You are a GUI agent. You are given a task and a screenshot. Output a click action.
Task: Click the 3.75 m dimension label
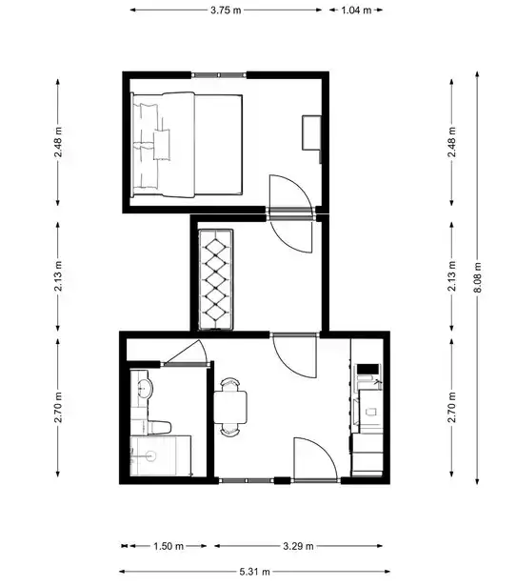[x=226, y=10]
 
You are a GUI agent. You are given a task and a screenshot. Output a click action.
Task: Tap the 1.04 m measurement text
[x=356, y=10]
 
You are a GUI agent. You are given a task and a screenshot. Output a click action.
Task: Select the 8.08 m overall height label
[x=478, y=277]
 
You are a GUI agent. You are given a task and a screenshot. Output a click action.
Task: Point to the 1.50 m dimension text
[x=169, y=546]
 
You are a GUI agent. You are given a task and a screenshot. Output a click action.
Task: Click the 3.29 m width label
[x=298, y=546]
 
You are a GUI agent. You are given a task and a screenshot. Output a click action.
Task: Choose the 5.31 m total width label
[x=254, y=572]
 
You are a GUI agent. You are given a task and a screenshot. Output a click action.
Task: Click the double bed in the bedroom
[x=187, y=145]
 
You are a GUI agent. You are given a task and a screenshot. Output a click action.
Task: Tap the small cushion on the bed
[x=161, y=145]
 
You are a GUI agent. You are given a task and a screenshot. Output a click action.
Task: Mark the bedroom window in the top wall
[x=219, y=75]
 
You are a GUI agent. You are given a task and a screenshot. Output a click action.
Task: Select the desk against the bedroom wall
[x=311, y=133]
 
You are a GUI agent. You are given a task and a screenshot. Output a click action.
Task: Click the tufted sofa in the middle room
[x=216, y=279]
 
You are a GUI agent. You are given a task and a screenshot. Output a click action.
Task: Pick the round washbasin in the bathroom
[x=144, y=389]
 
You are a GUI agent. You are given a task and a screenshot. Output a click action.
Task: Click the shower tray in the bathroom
[x=161, y=455]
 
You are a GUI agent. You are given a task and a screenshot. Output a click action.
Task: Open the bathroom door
[x=186, y=354]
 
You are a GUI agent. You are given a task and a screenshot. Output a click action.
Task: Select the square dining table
[x=230, y=407]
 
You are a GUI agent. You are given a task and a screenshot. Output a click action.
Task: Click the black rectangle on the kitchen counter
[x=368, y=370]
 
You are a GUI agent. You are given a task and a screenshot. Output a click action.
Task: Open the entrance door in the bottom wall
[x=316, y=459]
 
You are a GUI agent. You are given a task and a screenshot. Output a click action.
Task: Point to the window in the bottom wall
[x=247, y=480]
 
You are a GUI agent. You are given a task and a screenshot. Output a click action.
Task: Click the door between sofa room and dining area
[x=294, y=355]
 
